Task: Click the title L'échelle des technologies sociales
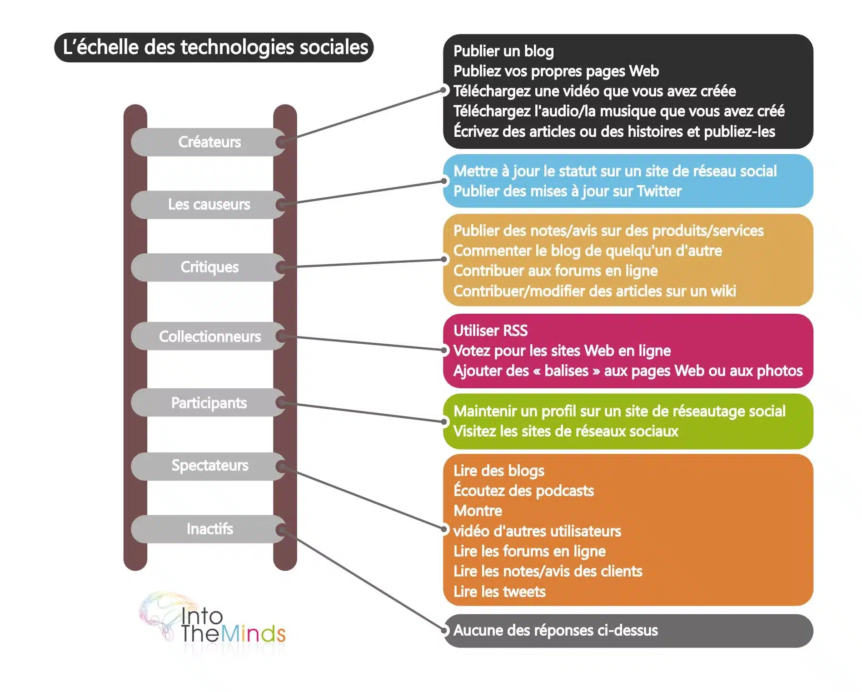click(x=214, y=47)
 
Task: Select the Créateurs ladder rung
click(x=209, y=142)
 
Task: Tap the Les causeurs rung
click(x=209, y=204)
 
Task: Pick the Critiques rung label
click(x=209, y=267)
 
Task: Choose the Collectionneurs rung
click(x=209, y=336)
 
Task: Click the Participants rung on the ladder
click(x=209, y=403)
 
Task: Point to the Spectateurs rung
click(x=209, y=466)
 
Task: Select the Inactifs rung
click(x=209, y=529)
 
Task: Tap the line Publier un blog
click(x=503, y=51)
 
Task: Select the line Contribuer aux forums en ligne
click(x=555, y=271)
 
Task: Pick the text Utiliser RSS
click(x=490, y=331)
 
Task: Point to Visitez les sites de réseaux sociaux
click(x=566, y=431)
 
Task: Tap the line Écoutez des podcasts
click(x=523, y=491)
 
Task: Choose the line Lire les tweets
click(x=499, y=592)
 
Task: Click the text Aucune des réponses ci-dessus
click(x=555, y=631)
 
